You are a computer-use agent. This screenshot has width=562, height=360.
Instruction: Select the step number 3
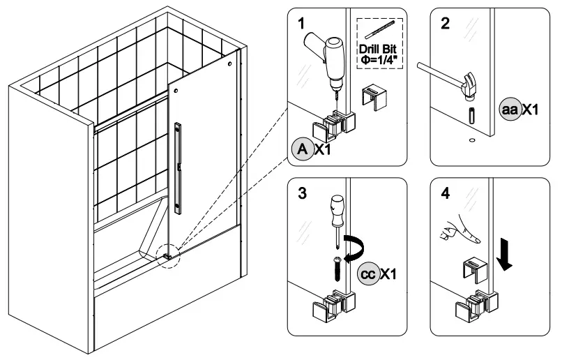click(x=301, y=194)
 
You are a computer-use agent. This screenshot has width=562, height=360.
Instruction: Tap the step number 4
click(x=444, y=194)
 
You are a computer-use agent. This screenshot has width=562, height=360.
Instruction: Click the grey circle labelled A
click(x=303, y=149)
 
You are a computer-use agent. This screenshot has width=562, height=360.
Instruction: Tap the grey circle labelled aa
click(x=512, y=110)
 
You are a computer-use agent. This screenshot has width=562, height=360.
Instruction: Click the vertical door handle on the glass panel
click(x=181, y=165)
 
